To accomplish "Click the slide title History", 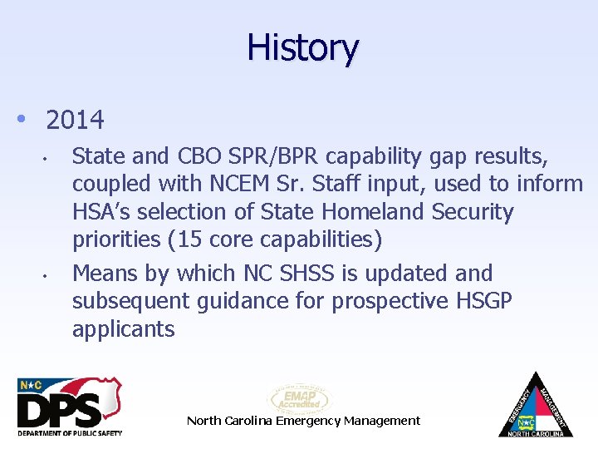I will coord(302,47).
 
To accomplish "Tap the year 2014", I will coord(76,121).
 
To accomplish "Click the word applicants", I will coord(124,329).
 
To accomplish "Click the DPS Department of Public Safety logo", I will coord(70,407).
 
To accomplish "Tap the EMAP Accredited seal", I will coord(299,398).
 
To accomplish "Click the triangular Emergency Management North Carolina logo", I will coord(536,405).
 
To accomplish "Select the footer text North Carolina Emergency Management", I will coord(303,421).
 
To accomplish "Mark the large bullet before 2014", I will coord(22,120).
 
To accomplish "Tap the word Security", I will coord(473,212).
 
